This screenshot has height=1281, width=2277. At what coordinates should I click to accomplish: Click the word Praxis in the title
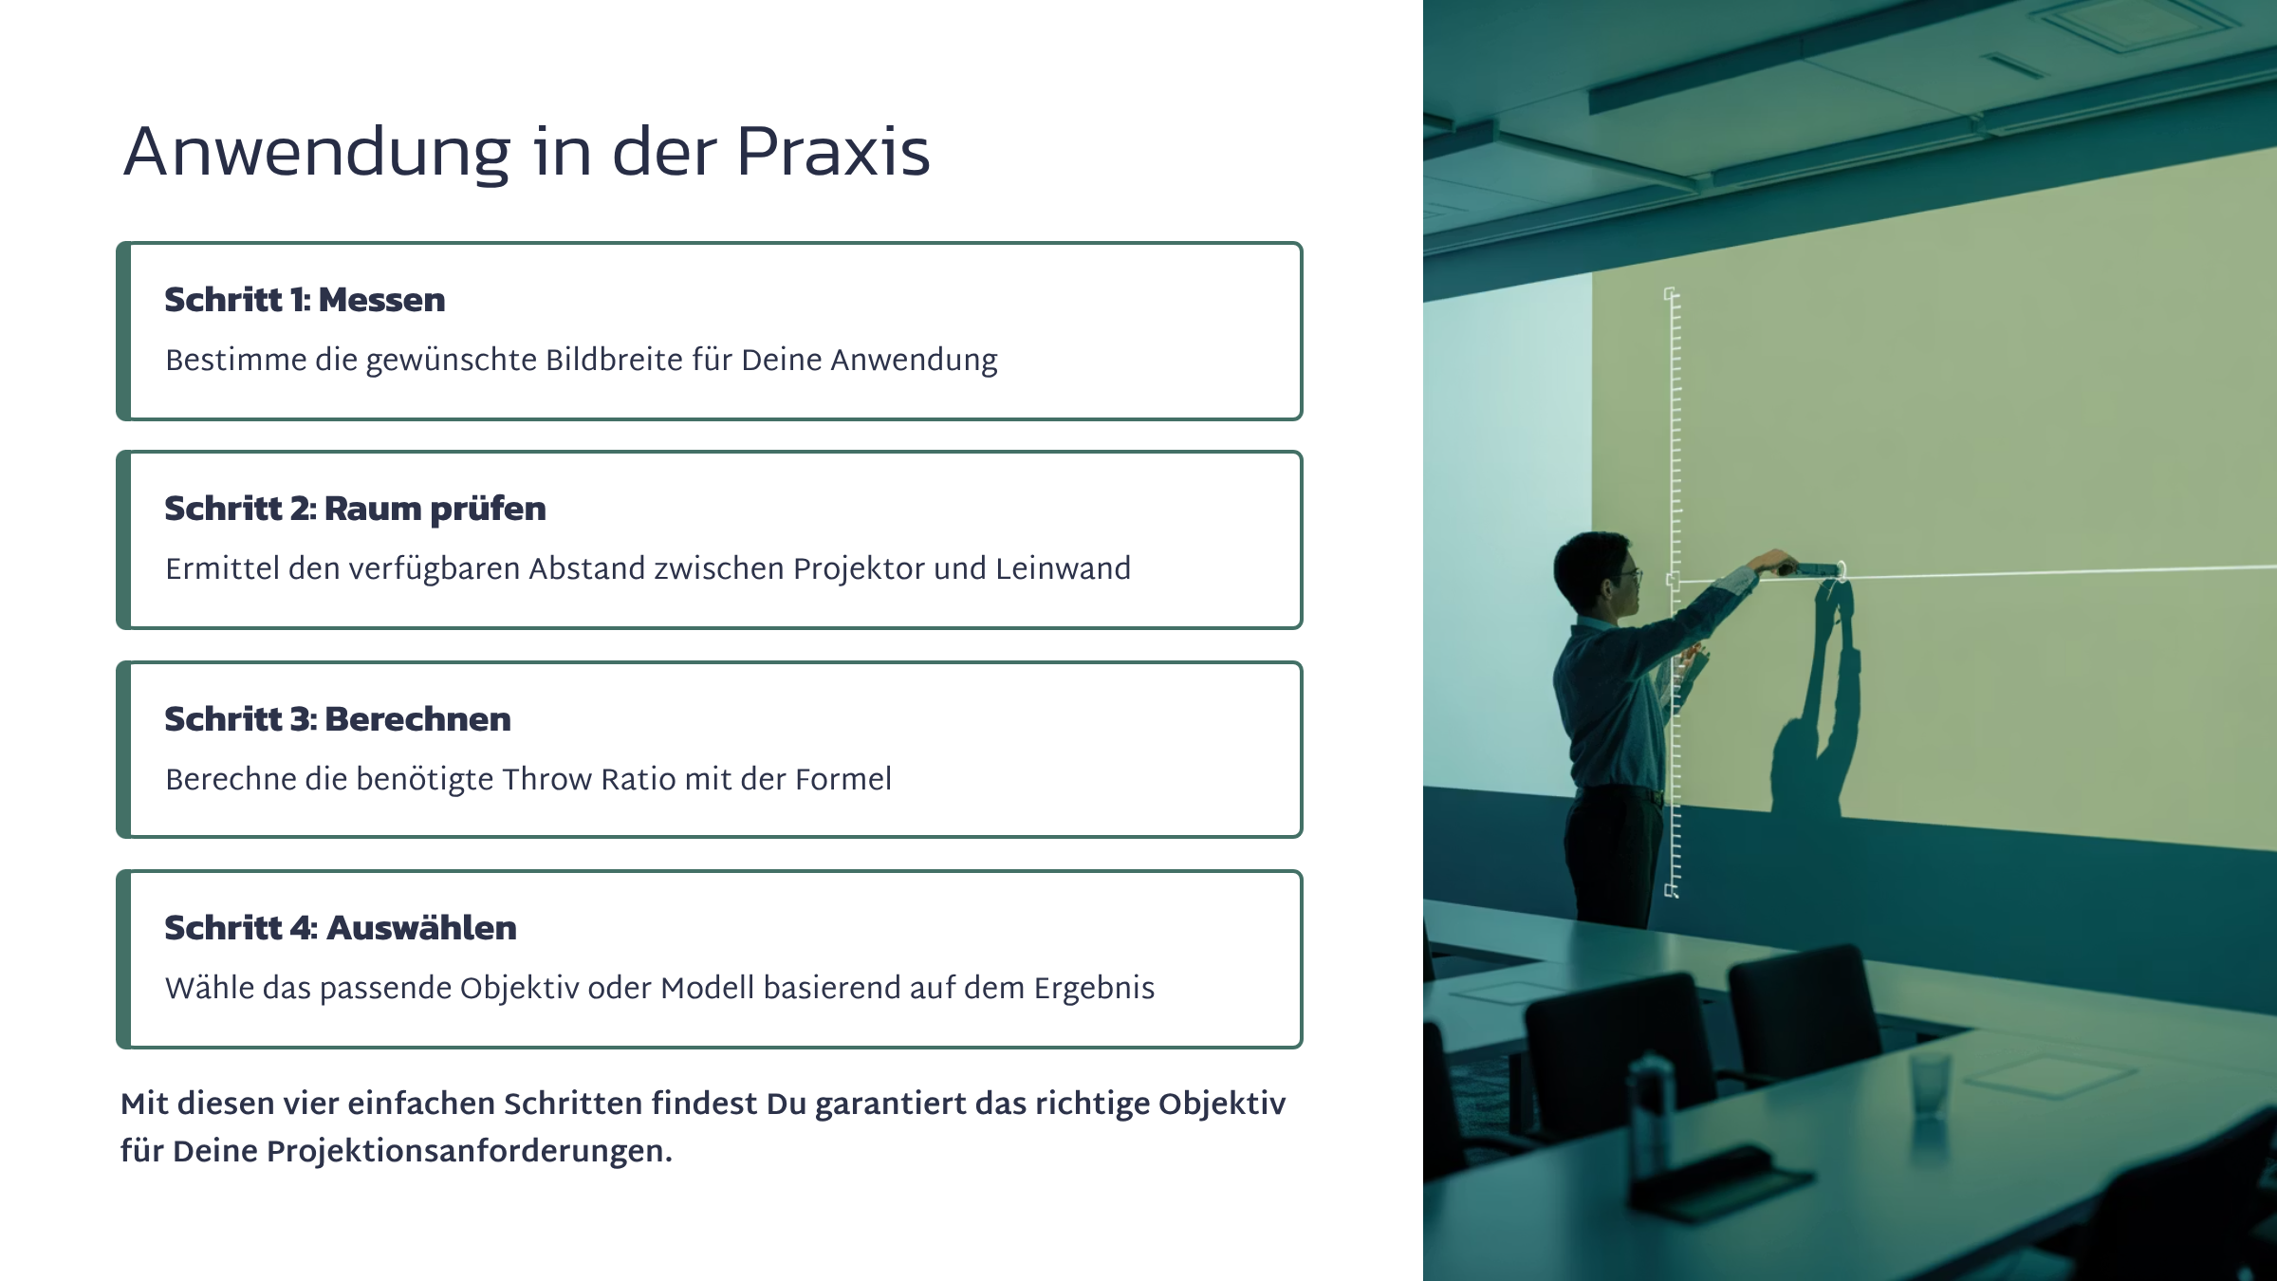pyautogui.click(x=832, y=152)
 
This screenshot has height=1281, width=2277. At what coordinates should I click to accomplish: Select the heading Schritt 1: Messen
pyautogui.click(x=305, y=300)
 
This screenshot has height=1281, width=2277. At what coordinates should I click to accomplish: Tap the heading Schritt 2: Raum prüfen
pyautogui.click(x=355, y=510)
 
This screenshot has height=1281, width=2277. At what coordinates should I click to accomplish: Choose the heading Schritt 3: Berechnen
pyautogui.click(x=338, y=719)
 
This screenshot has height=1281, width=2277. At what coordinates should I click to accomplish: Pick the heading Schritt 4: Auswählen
pyautogui.click(x=341, y=928)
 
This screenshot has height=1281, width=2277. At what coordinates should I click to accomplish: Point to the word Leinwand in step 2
pyautogui.click(x=1063, y=568)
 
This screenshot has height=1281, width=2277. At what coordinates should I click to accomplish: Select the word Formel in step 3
pyautogui.click(x=843, y=779)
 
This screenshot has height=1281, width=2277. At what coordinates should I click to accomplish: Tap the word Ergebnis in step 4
pyautogui.click(x=1094, y=989)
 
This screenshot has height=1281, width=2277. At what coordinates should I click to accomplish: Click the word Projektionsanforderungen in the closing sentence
pyautogui.click(x=470, y=1151)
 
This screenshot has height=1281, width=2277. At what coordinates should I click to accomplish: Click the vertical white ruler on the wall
pyautogui.click(x=1673, y=592)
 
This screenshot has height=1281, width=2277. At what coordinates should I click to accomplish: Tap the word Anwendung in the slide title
pyautogui.click(x=317, y=153)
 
